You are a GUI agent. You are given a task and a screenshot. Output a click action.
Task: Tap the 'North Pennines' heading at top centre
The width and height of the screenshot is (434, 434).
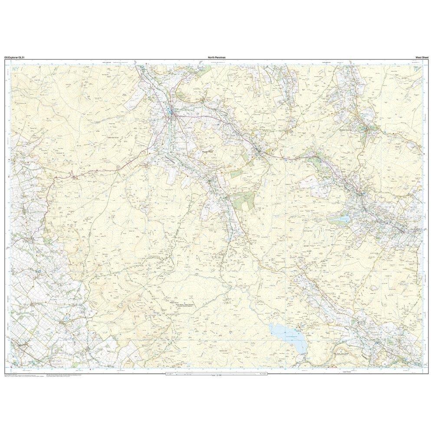(x=217, y=57)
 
